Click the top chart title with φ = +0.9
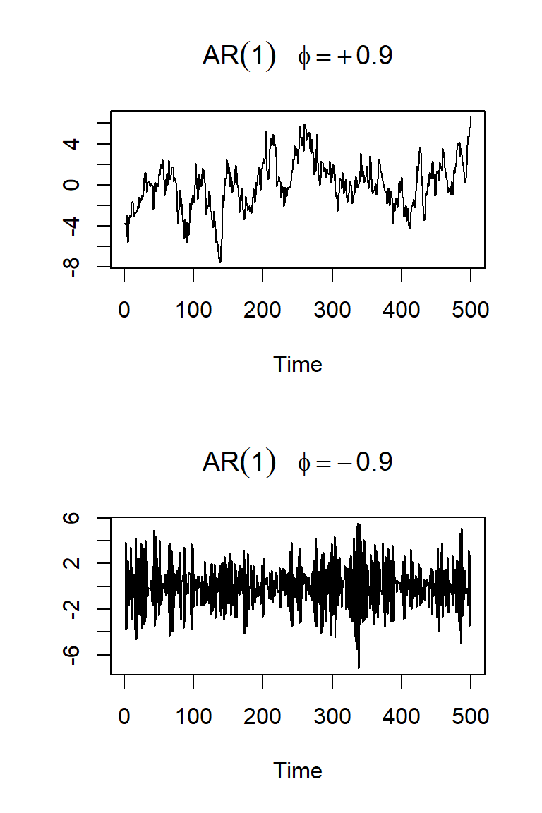[x=297, y=57]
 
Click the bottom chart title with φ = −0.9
[x=297, y=462]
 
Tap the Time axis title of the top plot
[x=297, y=364]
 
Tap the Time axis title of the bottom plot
[x=297, y=771]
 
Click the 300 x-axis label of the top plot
[x=332, y=311]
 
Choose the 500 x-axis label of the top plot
[x=470, y=311]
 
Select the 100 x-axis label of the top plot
[x=193, y=311]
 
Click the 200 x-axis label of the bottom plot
[x=263, y=717]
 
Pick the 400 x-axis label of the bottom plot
[x=401, y=717]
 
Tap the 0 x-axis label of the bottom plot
[x=124, y=717]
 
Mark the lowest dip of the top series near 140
[x=220, y=261]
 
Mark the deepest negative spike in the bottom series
[x=359, y=667]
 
